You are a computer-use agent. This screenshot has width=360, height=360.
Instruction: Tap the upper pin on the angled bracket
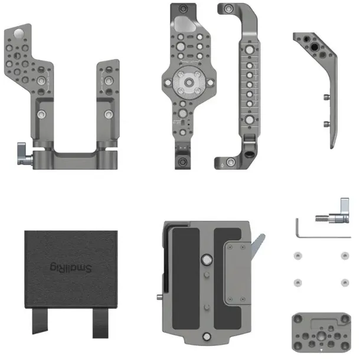point(325,96)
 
